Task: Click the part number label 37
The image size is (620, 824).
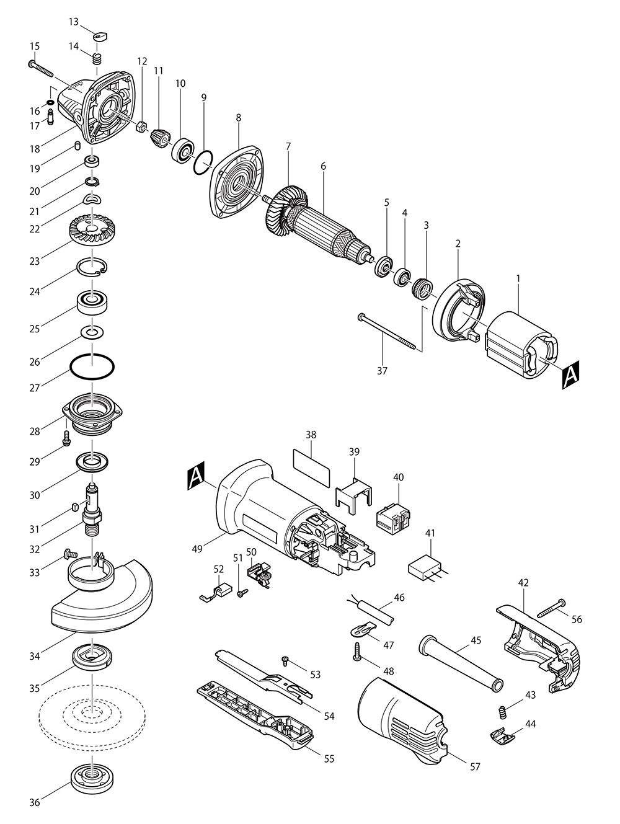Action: point(382,371)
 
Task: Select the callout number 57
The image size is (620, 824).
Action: point(475,767)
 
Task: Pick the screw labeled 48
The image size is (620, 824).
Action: point(357,652)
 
